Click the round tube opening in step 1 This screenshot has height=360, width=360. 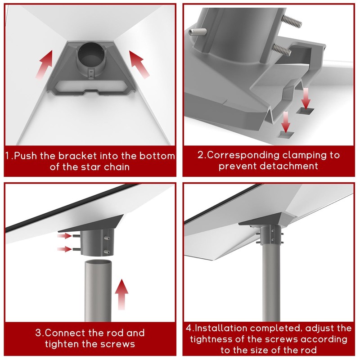(91, 54)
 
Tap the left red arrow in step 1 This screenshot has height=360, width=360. (44, 64)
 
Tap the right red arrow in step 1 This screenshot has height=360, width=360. (139, 64)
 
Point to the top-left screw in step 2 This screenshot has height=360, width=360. (197, 32)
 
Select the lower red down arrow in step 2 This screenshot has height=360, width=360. (286, 122)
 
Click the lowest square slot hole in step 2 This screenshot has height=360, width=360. (286, 135)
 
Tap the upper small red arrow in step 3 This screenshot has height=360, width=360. (64, 236)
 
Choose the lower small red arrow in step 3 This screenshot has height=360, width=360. (64, 249)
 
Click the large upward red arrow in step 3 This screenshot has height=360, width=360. (121, 294)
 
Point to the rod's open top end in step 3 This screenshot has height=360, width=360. (98, 263)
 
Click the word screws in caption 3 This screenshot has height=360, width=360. (116, 344)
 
